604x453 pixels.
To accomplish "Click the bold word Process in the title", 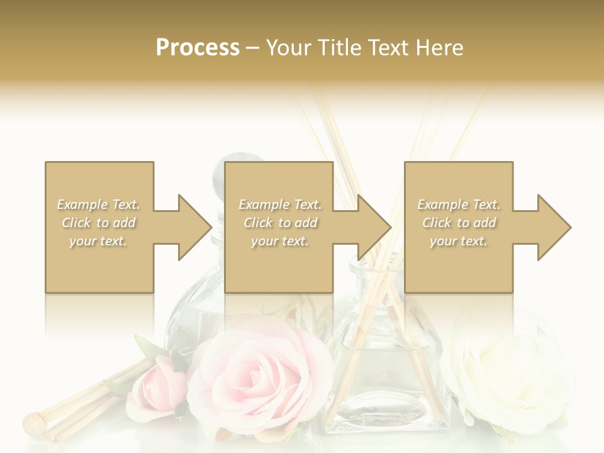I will pos(198,48).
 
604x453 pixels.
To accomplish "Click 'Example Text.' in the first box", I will pos(99,204).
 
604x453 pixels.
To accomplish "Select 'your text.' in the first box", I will pos(99,241).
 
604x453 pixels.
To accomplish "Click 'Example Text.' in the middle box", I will pos(280,204).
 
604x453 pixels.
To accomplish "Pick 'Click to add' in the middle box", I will pos(280,223).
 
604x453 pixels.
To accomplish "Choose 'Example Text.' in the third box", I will pos(459,204).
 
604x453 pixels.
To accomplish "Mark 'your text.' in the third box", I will pos(459,241).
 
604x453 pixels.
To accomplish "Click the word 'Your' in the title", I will pos(289,48).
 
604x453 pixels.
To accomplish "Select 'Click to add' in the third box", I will pos(459,223).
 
